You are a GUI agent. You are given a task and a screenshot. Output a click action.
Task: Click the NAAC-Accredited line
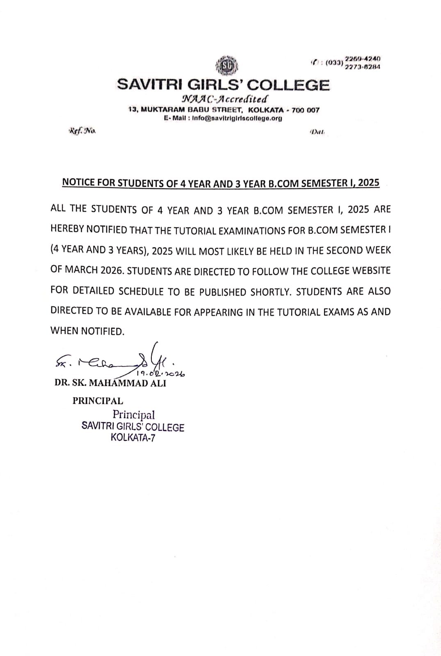click(224, 99)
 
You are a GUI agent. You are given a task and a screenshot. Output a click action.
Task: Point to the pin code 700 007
click(305, 110)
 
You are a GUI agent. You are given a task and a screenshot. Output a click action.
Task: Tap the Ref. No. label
click(82, 131)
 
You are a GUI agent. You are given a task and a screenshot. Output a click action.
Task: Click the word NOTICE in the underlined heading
click(78, 182)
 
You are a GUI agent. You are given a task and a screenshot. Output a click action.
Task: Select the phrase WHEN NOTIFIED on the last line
click(87, 331)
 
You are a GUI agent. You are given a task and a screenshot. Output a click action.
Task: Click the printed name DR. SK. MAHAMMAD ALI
click(110, 383)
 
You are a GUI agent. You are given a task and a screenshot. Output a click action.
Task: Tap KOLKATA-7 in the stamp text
click(133, 437)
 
